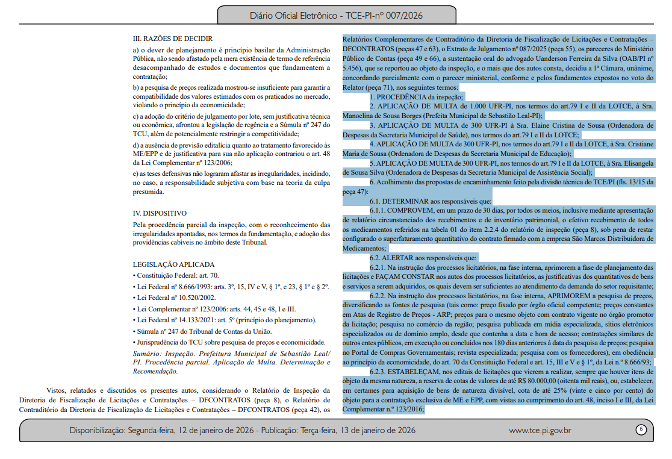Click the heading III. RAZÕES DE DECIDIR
pos(172,39)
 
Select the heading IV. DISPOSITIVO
pos(160,213)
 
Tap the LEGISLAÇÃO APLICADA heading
pos(173,264)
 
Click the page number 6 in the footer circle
pos(641,429)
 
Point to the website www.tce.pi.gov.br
pos(540,430)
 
